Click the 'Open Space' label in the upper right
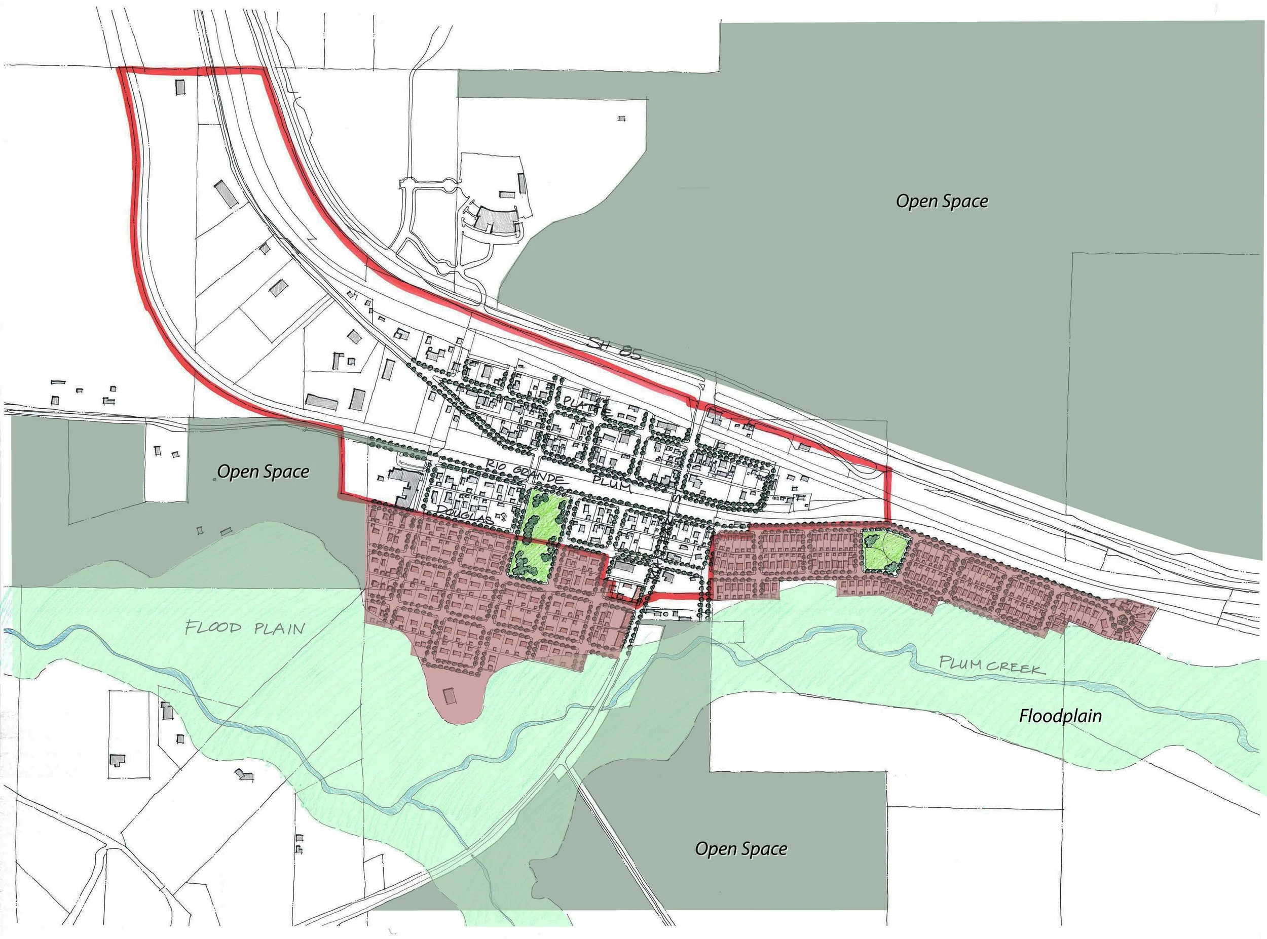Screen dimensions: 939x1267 942,201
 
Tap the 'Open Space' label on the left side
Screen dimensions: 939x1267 264,472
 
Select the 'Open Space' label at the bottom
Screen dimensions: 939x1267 741,849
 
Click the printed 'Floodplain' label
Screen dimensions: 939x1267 1060,716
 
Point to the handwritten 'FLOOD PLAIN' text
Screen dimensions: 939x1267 245,628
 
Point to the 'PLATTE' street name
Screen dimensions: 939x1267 586,405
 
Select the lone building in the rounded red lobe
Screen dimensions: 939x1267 450,696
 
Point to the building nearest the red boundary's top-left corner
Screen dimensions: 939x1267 180,87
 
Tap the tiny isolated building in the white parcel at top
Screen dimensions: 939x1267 621,119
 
